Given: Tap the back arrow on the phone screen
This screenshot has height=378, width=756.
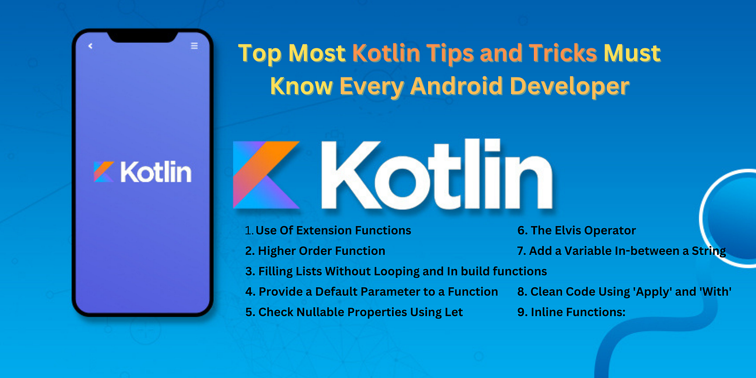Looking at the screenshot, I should pos(90,46).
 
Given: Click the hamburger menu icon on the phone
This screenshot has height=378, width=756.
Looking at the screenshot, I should pos(194,46).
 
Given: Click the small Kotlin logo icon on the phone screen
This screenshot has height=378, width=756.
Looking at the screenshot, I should pos(104,172).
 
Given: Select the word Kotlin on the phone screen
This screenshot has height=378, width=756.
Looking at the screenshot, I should pos(155,172).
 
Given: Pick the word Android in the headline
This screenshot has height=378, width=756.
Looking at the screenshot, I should pos(454,86).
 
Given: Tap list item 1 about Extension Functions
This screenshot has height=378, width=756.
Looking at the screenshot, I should pos(328,230).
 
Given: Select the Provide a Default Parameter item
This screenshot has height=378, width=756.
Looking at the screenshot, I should pos(371,292).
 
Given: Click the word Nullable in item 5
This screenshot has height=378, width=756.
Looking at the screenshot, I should pos(316,312).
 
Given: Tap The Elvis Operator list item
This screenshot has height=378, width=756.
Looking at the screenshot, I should pos(576,230).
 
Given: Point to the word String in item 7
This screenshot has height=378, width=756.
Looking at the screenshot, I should pos(708,251).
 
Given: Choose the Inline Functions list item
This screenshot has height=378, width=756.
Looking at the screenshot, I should pos(571,312).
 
